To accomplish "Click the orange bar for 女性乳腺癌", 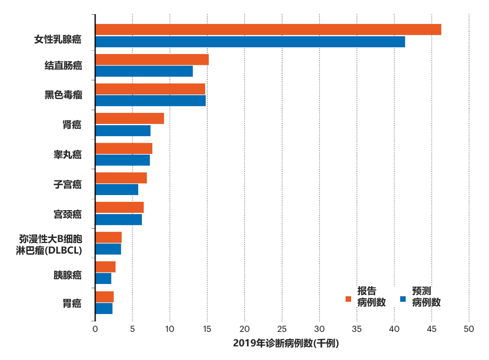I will (x=268, y=30).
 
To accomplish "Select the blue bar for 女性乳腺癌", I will (x=250, y=42).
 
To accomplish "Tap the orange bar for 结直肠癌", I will (x=152, y=60).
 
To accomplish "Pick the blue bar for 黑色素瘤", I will (x=150, y=101).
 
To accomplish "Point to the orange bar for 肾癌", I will (x=129, y=118).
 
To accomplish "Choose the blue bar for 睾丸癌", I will (x=123, y=160).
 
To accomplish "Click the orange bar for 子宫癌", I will (x=121, y=178).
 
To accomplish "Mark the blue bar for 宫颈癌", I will (x=118, y=220).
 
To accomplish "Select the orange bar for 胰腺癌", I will (x=105, y=267).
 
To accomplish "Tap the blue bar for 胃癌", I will (x=104, y=309).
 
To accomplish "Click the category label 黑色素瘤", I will (x=63, y=95).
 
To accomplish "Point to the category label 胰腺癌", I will (x=67, y=274).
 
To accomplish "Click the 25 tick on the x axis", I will (x=282, y=329).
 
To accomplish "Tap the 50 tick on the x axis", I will (x=469, y=329).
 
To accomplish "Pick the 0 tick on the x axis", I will (x=95, y=329).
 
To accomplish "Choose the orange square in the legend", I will (x=348, y=299).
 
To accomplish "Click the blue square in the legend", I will (x=403, y=299).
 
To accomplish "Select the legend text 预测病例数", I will (x=426, y=297).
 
